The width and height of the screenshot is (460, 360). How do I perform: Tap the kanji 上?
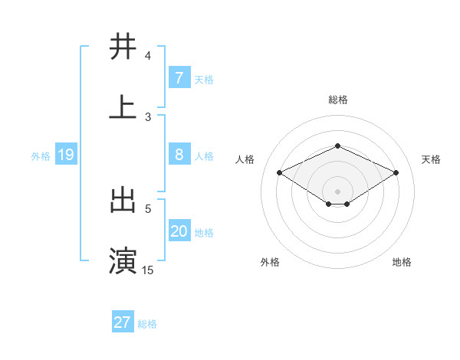coord(123,107)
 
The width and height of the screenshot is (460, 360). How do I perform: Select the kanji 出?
coord(123,200)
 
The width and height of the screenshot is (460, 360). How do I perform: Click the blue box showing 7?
coord(179,77)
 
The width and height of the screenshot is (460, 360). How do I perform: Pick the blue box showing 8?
coord(179,155)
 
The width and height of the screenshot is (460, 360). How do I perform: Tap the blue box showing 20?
coord(179,232)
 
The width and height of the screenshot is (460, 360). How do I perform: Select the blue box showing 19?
coord(65,155)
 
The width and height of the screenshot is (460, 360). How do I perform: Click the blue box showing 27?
coord(123,322)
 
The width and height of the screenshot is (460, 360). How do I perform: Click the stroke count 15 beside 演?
coord(147,270)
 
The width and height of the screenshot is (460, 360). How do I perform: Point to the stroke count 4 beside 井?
coord(147,55)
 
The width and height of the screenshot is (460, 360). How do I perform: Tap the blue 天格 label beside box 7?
coord(203,78)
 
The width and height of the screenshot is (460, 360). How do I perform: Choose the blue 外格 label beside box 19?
coord(41,156)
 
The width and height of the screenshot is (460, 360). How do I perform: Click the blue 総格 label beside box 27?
coord(147,323)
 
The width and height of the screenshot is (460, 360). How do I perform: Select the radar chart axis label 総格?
coord(337,100)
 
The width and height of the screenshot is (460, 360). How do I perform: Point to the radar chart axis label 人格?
coord(245,159)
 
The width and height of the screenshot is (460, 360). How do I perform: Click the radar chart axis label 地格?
coord(402,262)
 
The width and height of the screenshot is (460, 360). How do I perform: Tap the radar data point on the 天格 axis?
coord(396,173)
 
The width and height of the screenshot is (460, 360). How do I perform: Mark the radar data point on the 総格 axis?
coord(337,146)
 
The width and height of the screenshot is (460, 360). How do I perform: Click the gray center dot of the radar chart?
coord(337,190)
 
